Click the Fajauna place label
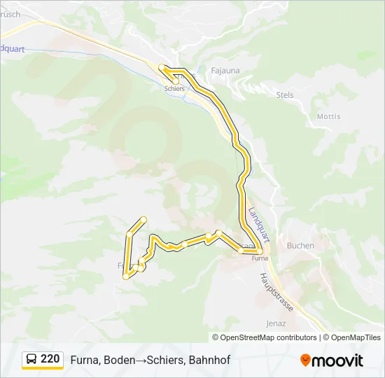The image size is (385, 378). [x=225, y=70]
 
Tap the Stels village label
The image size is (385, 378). [x=285, y=94]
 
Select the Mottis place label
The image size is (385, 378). [x=328, y=116]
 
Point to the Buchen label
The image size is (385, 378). [x=300, y=246]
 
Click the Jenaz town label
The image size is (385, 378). [x=276, y=323]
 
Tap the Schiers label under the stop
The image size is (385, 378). [x=174, y=89]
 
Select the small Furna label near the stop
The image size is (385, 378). [x=260, y=258]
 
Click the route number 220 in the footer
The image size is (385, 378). [x=50, y=359]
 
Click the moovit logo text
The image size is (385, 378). [x=337, y=360]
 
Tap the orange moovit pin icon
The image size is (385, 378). [x=305, y=360]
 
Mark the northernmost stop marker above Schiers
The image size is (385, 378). [x=162, y=67]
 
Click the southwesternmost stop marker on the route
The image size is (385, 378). [x=127, y=276]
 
